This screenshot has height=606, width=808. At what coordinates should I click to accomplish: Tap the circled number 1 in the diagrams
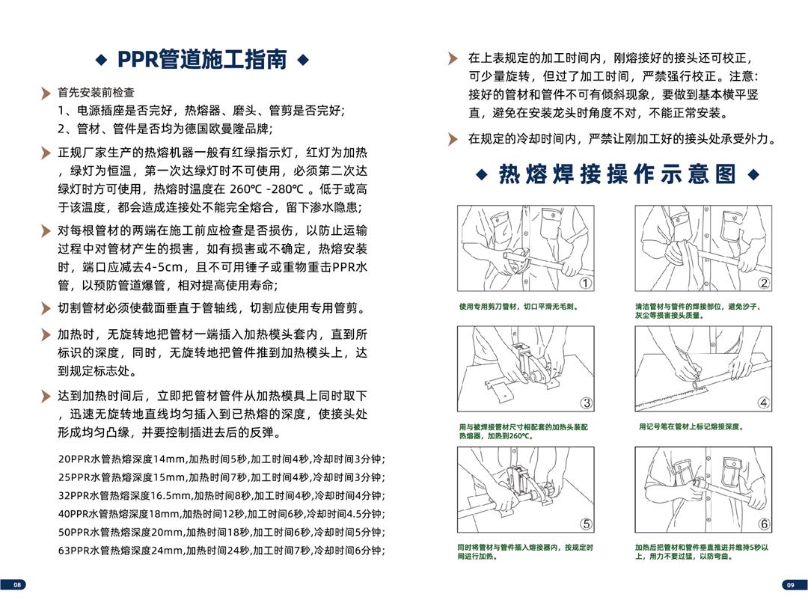(x=587, y=283)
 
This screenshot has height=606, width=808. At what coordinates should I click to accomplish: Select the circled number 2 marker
(x=764, y=283)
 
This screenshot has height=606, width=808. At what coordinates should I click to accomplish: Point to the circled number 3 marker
(x=587, y=403)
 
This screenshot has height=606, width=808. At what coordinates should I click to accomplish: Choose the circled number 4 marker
(x=764, y=403)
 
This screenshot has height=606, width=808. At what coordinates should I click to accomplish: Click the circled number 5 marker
(x=587, y=524)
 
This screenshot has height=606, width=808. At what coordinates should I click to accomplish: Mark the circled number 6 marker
(x=764, y=524)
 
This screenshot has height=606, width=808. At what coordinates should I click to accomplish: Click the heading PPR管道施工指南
(x=202, y=59)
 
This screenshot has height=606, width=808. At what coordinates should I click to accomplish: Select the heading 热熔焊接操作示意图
(x=617, y=174)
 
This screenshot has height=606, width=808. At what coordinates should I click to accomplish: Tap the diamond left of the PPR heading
(x=101, y=59)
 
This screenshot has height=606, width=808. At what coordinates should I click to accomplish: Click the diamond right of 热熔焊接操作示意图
(x=753, y=174)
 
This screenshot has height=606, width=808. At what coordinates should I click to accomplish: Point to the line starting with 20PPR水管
(x=221, y=459)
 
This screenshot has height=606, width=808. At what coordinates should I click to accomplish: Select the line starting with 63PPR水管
(x=221, y=551)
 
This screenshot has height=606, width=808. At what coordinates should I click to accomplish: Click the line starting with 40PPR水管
(x=221, y=514)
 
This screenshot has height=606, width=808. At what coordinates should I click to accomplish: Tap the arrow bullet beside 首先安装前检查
(x=46, y=94)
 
